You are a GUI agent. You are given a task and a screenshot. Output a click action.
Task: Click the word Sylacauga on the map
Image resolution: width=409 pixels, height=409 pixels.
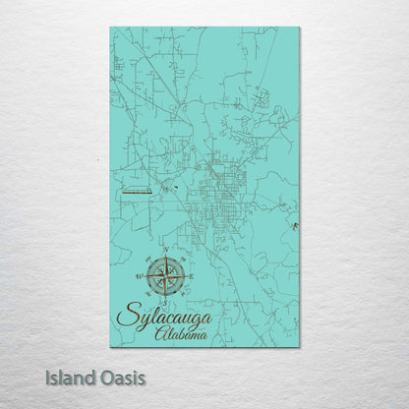click(x=162, y=316)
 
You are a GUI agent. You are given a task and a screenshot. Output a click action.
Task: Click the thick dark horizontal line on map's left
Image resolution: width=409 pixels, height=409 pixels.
click(x=134, y=194)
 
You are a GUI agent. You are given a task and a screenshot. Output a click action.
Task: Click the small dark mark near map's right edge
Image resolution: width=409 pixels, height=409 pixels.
click(x=293, y=225)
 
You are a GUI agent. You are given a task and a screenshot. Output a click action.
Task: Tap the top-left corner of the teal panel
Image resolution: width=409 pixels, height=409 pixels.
click(x=110, y=28)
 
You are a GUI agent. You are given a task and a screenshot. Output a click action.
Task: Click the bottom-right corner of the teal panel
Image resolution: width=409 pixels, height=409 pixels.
click(x=299, y=346)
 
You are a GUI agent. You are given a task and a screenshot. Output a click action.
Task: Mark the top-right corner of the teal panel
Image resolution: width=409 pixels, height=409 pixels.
click(x=299, y=28)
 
